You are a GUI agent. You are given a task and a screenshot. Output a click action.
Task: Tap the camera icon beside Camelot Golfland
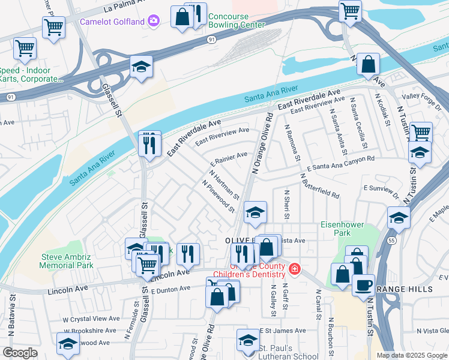coord(154,22)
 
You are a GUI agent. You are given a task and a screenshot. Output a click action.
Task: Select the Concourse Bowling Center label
coord(237,25)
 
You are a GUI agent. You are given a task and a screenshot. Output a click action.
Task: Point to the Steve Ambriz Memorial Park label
coord(67,260)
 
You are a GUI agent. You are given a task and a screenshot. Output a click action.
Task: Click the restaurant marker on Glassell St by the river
coord(149,143)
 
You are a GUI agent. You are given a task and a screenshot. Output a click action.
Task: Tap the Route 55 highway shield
coord(390,239)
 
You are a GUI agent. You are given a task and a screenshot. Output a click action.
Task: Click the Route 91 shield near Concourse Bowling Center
coord(211,39)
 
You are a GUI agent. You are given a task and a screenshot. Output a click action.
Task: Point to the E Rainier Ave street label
coord(229,159)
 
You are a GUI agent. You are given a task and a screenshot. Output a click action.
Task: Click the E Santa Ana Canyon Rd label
coord(340,163)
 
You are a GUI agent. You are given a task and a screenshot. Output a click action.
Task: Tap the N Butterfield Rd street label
coord(319,187)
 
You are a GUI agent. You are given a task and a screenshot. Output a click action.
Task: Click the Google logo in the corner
coord(20,353)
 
